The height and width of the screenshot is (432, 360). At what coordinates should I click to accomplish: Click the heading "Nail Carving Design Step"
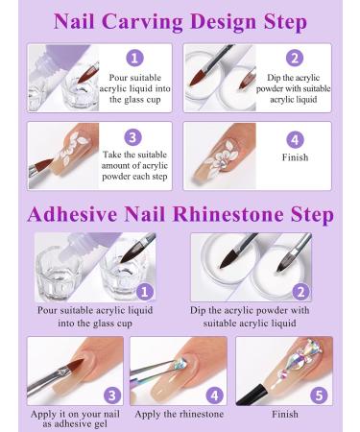click(x=180, y=21)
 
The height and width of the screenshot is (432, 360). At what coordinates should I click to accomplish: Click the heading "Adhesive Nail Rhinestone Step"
click(x=180, y=213)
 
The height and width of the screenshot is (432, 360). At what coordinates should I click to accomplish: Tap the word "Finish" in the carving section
click(x=294, y=157)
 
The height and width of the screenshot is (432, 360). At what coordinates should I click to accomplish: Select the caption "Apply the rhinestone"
click(x=180, y=414)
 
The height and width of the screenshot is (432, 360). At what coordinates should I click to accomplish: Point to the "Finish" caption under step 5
click(x=284, y=414)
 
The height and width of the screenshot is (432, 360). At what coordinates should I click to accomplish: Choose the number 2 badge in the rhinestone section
click(x=302, y=293)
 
